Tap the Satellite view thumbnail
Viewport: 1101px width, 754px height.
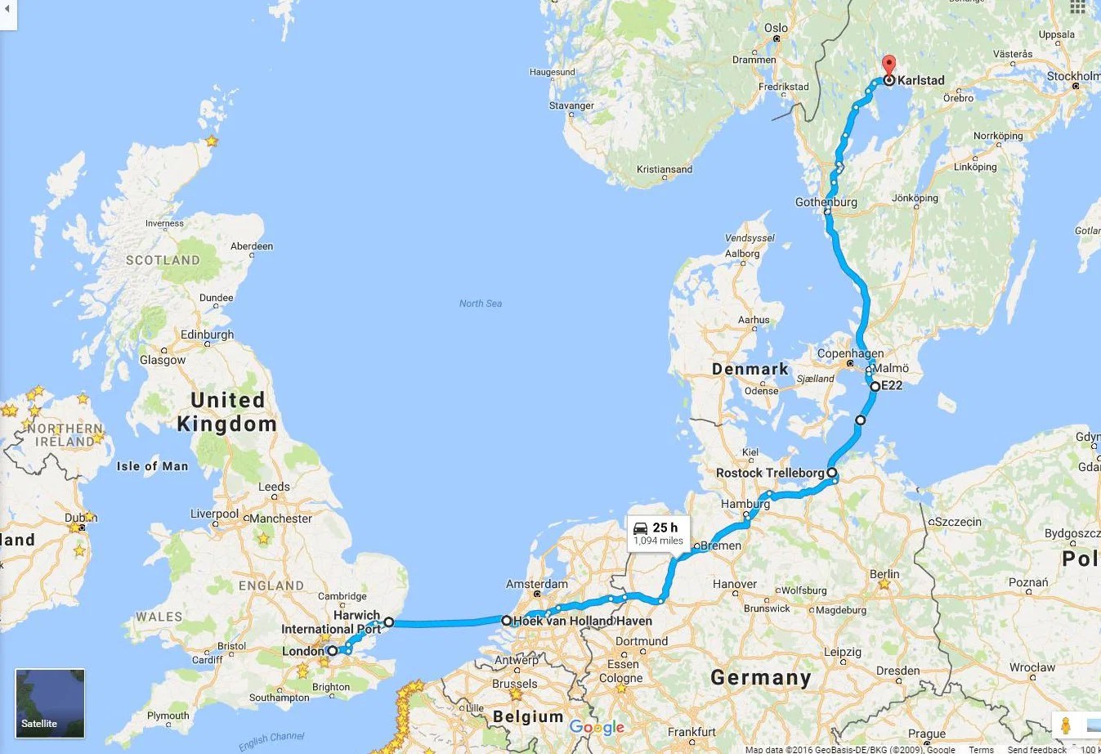point(50,702)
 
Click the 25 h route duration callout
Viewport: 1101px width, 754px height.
point(658,532)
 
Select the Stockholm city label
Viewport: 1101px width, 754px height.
point(1073,76)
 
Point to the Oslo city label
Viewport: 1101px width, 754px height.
point(776,28)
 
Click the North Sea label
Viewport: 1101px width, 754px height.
point(481,303)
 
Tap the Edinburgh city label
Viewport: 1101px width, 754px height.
point(207,334)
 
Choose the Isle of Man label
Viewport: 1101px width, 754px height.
point(152,466)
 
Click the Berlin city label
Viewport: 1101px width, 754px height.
point(884,574)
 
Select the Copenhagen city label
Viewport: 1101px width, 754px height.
point(850,353)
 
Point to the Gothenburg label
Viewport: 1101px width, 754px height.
point(826,202)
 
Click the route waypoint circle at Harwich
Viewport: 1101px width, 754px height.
point(389,622)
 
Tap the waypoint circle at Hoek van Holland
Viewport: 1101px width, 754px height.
point(506,621)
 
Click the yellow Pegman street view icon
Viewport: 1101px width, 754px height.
point(1066,725)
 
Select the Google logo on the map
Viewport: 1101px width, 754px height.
point(597,727)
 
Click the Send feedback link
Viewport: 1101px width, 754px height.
point(1036,749)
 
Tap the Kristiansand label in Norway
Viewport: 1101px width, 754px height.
point(665,169)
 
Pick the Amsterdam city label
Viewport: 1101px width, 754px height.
point(537,584)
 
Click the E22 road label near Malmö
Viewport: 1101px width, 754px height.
point(892,385)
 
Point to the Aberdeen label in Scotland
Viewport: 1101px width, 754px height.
point(252,246)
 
